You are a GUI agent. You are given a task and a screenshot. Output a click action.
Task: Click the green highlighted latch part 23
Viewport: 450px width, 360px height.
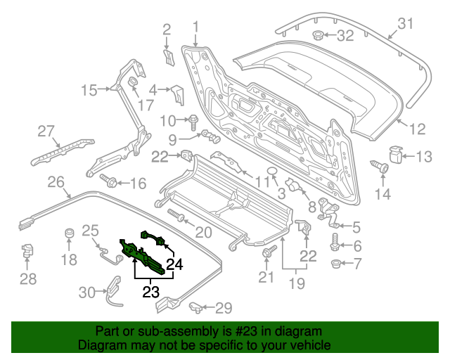pos(144,255)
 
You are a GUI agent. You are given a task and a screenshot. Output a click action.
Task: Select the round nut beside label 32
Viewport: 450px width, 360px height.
pos(317,35)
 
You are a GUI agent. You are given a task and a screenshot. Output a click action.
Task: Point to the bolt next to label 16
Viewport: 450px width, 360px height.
pos(108,181)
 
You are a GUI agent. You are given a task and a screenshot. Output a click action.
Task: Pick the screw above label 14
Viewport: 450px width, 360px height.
pos(382,168)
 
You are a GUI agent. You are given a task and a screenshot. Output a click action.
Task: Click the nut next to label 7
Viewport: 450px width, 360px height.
pos(335,264)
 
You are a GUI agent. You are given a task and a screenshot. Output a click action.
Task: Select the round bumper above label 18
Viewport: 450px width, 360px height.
pos(69,234)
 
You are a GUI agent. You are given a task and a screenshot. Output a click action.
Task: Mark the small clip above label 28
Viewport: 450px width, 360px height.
pos(27,248)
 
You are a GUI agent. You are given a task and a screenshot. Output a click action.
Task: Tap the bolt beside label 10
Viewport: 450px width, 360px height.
pos(191,120)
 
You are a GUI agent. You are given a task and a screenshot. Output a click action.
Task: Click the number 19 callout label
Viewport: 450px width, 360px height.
pos(296,284)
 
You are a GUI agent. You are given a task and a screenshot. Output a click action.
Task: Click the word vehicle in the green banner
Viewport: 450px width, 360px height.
pos(306,346)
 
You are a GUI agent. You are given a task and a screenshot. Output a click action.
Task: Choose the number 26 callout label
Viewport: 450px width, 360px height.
pos(56,183)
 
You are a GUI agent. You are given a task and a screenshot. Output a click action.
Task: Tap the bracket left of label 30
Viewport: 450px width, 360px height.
pos(112,289)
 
